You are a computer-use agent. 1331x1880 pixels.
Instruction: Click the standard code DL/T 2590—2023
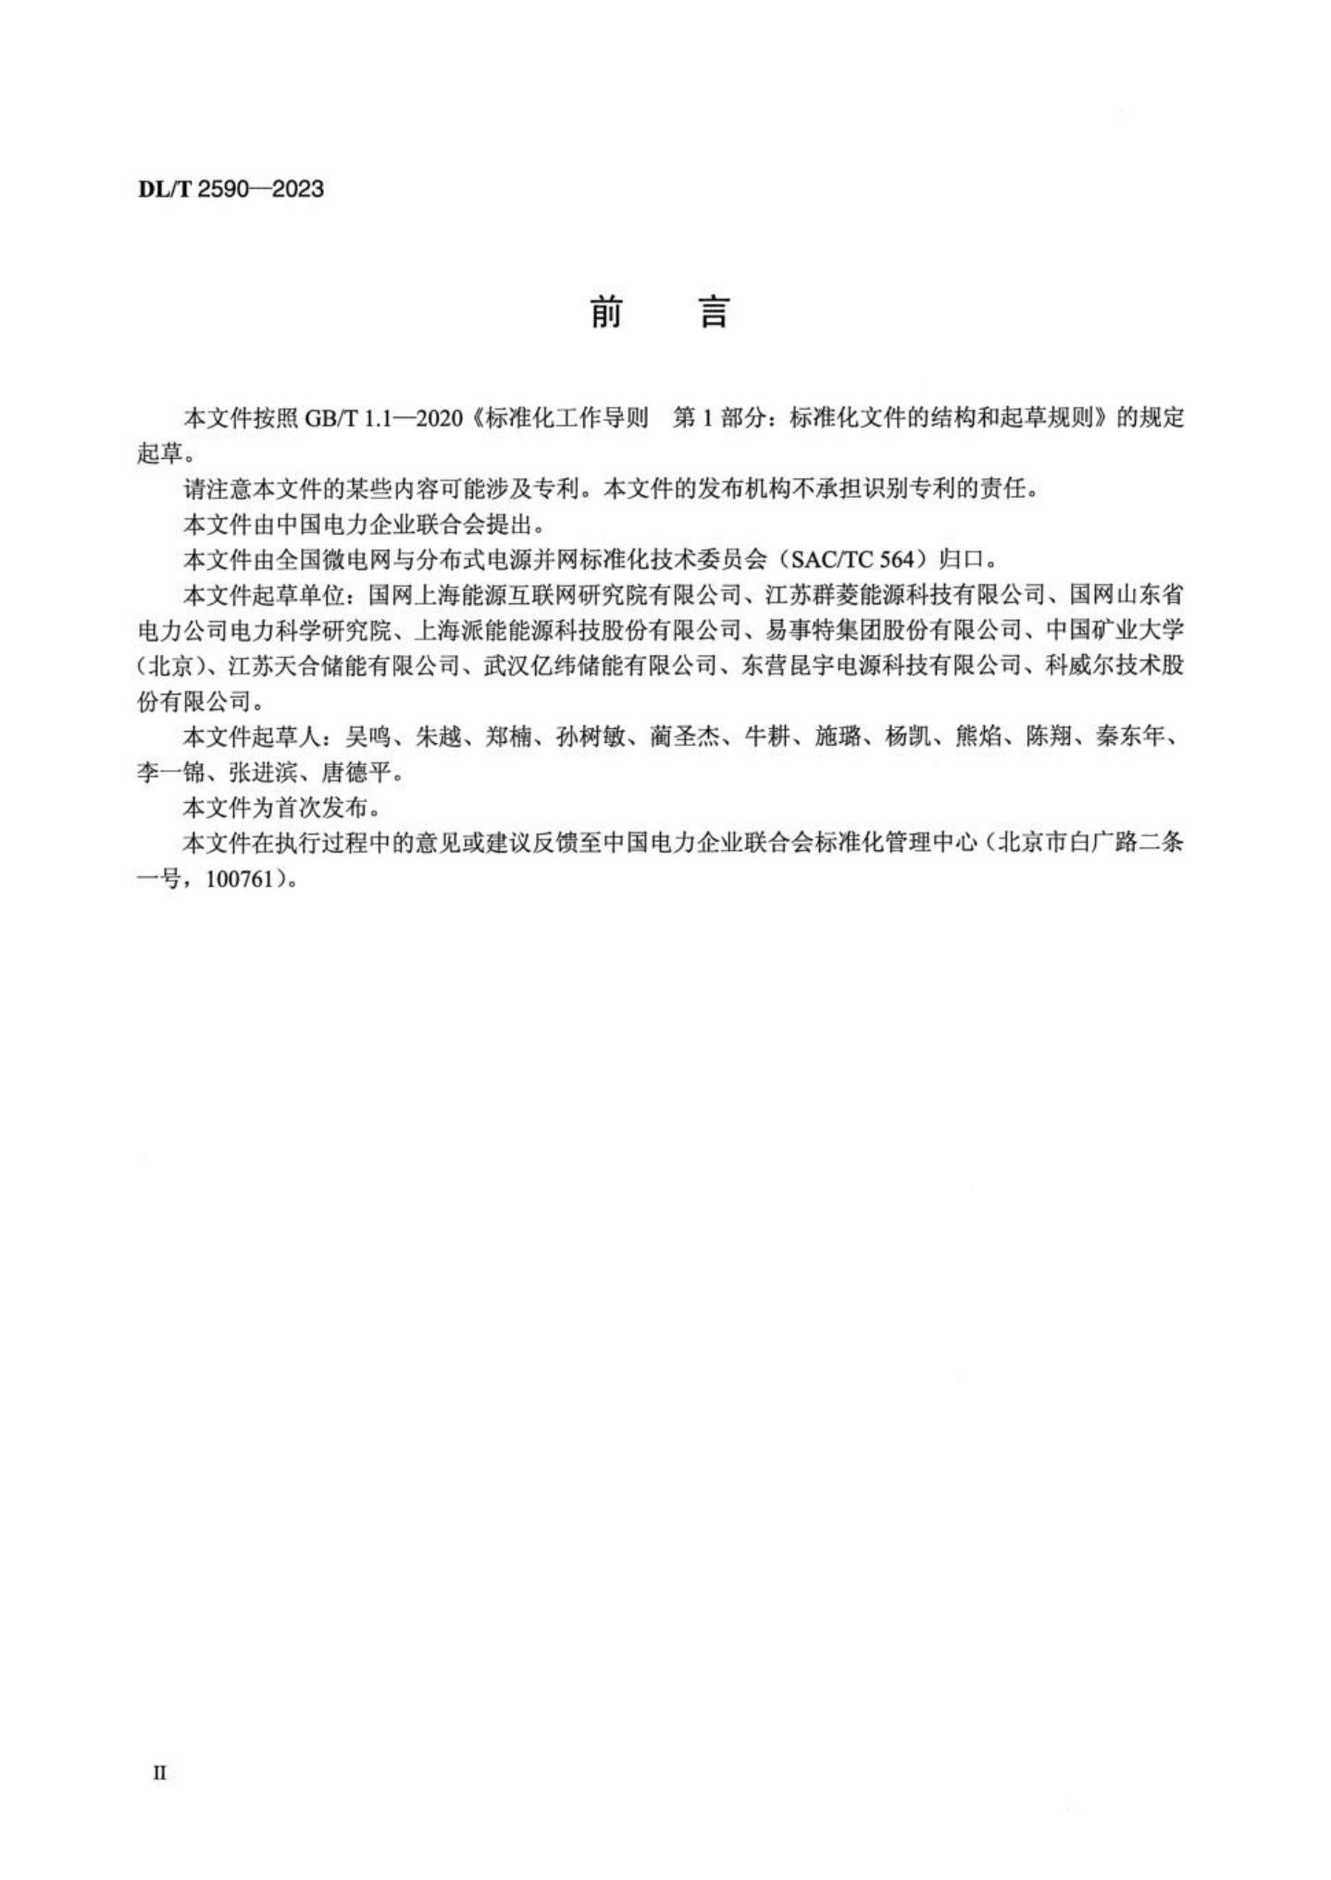pyautogui.click(x=230, y=190)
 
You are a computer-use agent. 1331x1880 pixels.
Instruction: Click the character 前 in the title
pyautogui.click(x=606, y=314)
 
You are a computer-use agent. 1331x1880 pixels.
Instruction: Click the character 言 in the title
pyautogui.click(x=714, y=314)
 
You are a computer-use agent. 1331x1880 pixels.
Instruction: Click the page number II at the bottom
pyautogui.click(x=159, y=1773)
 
